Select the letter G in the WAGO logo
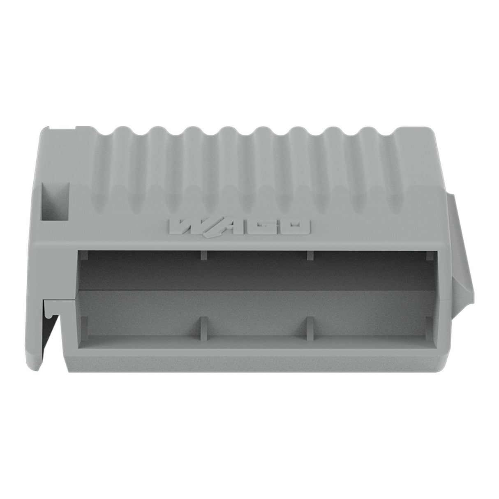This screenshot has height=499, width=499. coord(266,227)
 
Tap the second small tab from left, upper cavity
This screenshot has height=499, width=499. coord(203,256)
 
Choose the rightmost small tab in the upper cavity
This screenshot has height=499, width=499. coord(429,256)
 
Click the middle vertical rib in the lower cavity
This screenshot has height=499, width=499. coord(203,329)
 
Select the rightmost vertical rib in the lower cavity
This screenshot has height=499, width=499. coord(310,329)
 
